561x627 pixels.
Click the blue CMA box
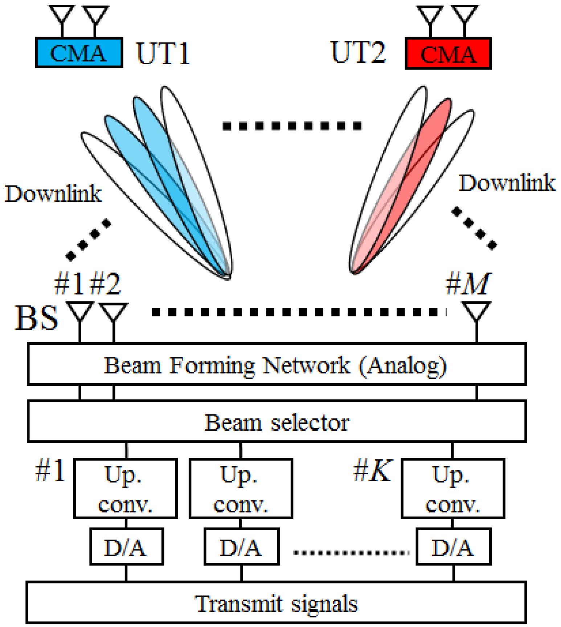[x=79, y=53]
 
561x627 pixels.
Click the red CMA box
[x=448, y=54]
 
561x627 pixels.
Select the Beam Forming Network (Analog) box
[x=277, y=364]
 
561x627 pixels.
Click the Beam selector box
[x=277, y=422]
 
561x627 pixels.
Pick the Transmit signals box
[x=277, y=604]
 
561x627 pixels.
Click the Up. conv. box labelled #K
[x=453, y=488]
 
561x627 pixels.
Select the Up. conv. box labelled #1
[x=125, y=488]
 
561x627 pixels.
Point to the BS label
[x=36, y=318]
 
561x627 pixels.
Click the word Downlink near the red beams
[x=507, y=183]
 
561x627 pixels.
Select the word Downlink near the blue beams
[x=53, y=194]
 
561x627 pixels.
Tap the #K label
[x=373, y=471]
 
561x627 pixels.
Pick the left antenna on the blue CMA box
[x=62, y=16]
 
